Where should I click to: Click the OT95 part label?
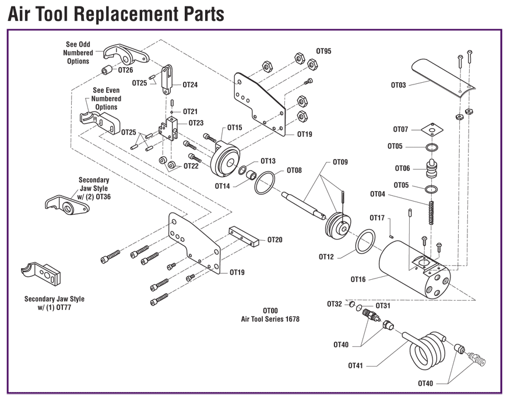coord(323,51)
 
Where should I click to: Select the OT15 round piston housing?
coord(225,157)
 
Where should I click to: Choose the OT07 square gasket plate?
coord(432,129)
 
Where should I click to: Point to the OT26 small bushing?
coord(108,71)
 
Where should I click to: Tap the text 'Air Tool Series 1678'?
coord(270,319)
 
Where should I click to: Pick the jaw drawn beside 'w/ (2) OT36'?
coord(65,204)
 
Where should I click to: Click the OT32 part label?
coord(335,304)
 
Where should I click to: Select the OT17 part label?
coord(376,218)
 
